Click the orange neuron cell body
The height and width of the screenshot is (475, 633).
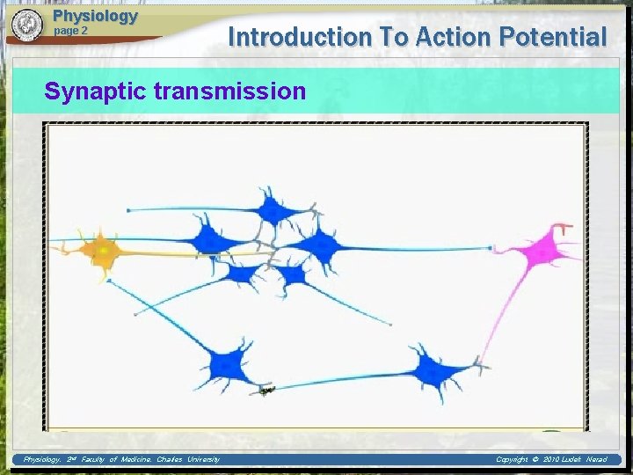pos(103,252)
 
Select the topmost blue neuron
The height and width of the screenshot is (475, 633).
pos(273,210)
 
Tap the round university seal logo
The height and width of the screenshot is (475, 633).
pos(27,25)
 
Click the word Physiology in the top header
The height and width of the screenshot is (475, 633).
pos(95,16)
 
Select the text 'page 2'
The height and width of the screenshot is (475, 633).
pos(71,31)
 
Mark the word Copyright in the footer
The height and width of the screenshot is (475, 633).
pos(516,459)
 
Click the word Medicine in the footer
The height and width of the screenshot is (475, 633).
pos(136,459)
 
